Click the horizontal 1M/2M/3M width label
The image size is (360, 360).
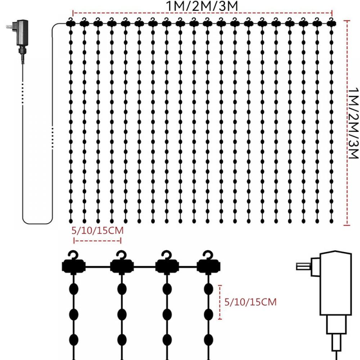pyautogui.click(x=202, y=6)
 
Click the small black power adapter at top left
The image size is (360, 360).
pyautogui.click(x=22, y=34)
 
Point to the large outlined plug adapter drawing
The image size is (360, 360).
pyautogui.click(x=333, y=288)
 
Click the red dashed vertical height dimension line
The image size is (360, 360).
pyautogui.click(x=347, y=122)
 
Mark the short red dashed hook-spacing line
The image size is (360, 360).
pyautogui.click(x=97, y=240)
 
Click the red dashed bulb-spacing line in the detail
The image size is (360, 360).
pyautogui.click(x=220, y=302)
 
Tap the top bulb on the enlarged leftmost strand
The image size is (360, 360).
pyautogui.click(x=74, y=290)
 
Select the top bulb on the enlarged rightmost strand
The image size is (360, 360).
pyautogui.click(x=208, y=290)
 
